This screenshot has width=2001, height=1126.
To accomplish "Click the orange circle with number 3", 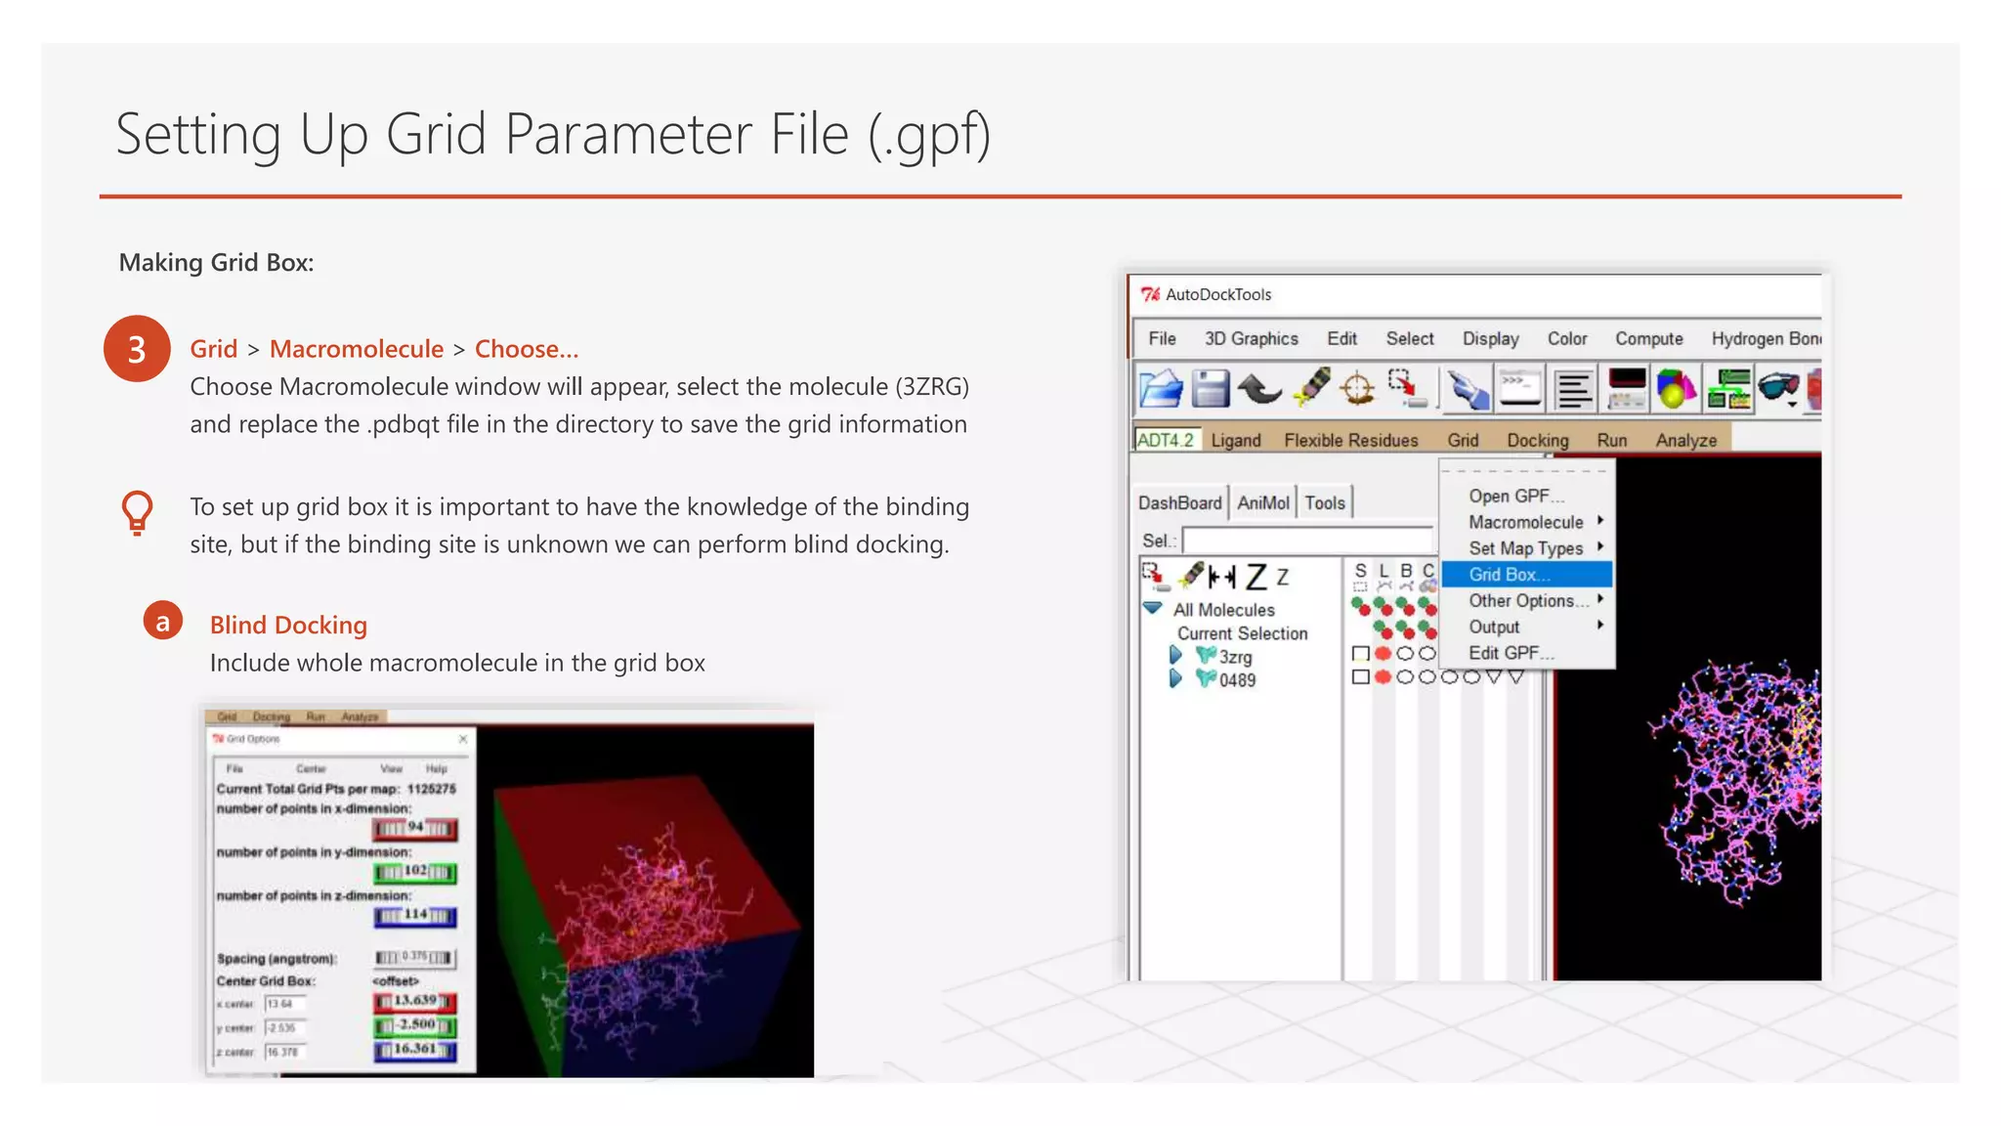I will (137, 349).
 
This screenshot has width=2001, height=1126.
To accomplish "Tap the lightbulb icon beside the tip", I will (137, 511).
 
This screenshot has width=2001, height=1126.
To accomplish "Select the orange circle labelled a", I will (163, 621).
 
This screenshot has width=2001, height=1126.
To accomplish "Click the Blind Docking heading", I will (288, 625).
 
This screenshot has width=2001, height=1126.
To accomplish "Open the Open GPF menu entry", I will (1515, 496).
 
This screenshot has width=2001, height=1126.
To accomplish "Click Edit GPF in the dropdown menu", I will (1511, 653).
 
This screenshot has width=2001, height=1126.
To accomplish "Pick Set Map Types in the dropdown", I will (1525, 548).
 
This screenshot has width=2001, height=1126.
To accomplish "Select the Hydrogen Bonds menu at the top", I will (1766, 338).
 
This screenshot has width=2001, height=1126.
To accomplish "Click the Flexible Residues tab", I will (1350, 440).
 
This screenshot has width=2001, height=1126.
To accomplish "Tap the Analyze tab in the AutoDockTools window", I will (1685, 440).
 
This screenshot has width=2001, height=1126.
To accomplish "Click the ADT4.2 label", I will (1166, 440).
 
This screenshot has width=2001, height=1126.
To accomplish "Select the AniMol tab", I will (1263, 502).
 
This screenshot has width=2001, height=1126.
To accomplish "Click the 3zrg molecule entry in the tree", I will (1235, 657).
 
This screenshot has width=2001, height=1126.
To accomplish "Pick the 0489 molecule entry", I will (1237, 680).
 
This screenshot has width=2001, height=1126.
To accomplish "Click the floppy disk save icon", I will (1211, 388).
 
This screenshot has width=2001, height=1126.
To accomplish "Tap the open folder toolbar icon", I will (1161, 388).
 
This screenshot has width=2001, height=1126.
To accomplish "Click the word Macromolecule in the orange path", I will (357, 349).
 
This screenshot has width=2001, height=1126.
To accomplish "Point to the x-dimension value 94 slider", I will (414, 829).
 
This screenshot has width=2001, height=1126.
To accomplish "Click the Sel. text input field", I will (1307, 541).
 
